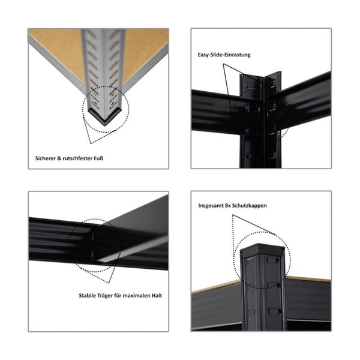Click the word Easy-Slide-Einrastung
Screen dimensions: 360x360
(224, 55)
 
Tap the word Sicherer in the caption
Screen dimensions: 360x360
(47, 160)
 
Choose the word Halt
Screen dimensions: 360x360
(160, 295)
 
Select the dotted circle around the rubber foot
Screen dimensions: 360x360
(105, 108)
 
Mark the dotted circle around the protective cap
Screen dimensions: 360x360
(262, 260)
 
